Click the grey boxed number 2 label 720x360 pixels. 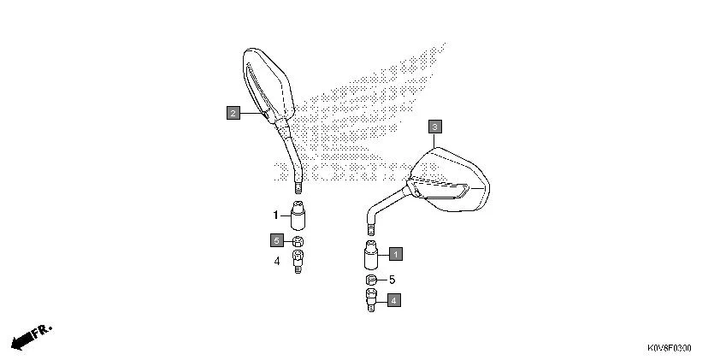233,112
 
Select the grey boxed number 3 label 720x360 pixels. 434,127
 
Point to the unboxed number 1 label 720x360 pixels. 276,215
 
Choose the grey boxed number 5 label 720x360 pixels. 277,239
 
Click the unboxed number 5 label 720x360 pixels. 392,280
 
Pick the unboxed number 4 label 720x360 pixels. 276,260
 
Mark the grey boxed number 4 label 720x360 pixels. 392,300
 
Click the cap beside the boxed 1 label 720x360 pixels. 370,256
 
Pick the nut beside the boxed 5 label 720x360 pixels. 298,240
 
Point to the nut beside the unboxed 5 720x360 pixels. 370,280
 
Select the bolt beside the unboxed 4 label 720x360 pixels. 298,259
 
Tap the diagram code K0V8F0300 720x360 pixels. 669,349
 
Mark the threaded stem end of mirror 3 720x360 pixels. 371,228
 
